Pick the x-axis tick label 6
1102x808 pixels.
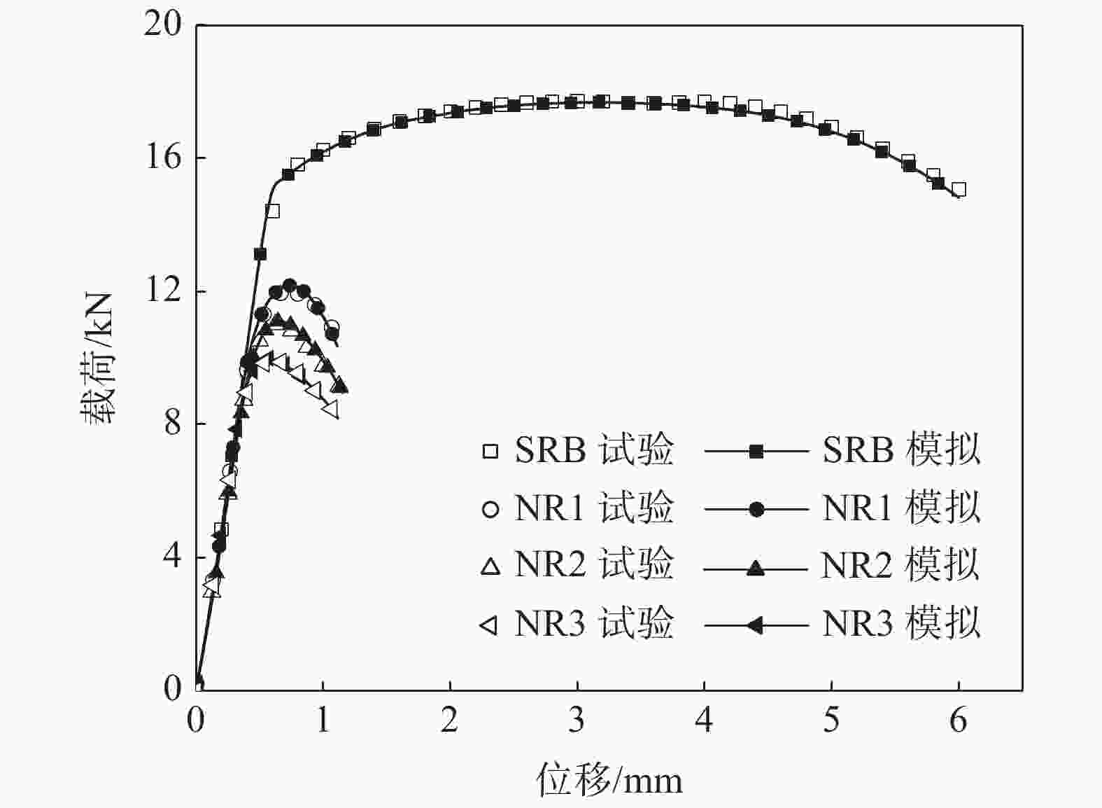[958, 720]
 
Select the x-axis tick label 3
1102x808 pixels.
[577, 720]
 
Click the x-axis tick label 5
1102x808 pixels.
[831, 720]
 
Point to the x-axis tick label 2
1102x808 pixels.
[449, 720]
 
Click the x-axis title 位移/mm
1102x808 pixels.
[609, 779]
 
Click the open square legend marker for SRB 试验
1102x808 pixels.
[490, 451]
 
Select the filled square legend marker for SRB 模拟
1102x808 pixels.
[756, 451]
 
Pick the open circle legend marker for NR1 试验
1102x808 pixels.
[490, 509]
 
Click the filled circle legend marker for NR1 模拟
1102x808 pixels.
[756, 509]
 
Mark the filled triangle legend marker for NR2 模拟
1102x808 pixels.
[756, 566]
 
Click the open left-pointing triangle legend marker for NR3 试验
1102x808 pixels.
[489, 625]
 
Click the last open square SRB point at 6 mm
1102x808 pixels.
[959, 189]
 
